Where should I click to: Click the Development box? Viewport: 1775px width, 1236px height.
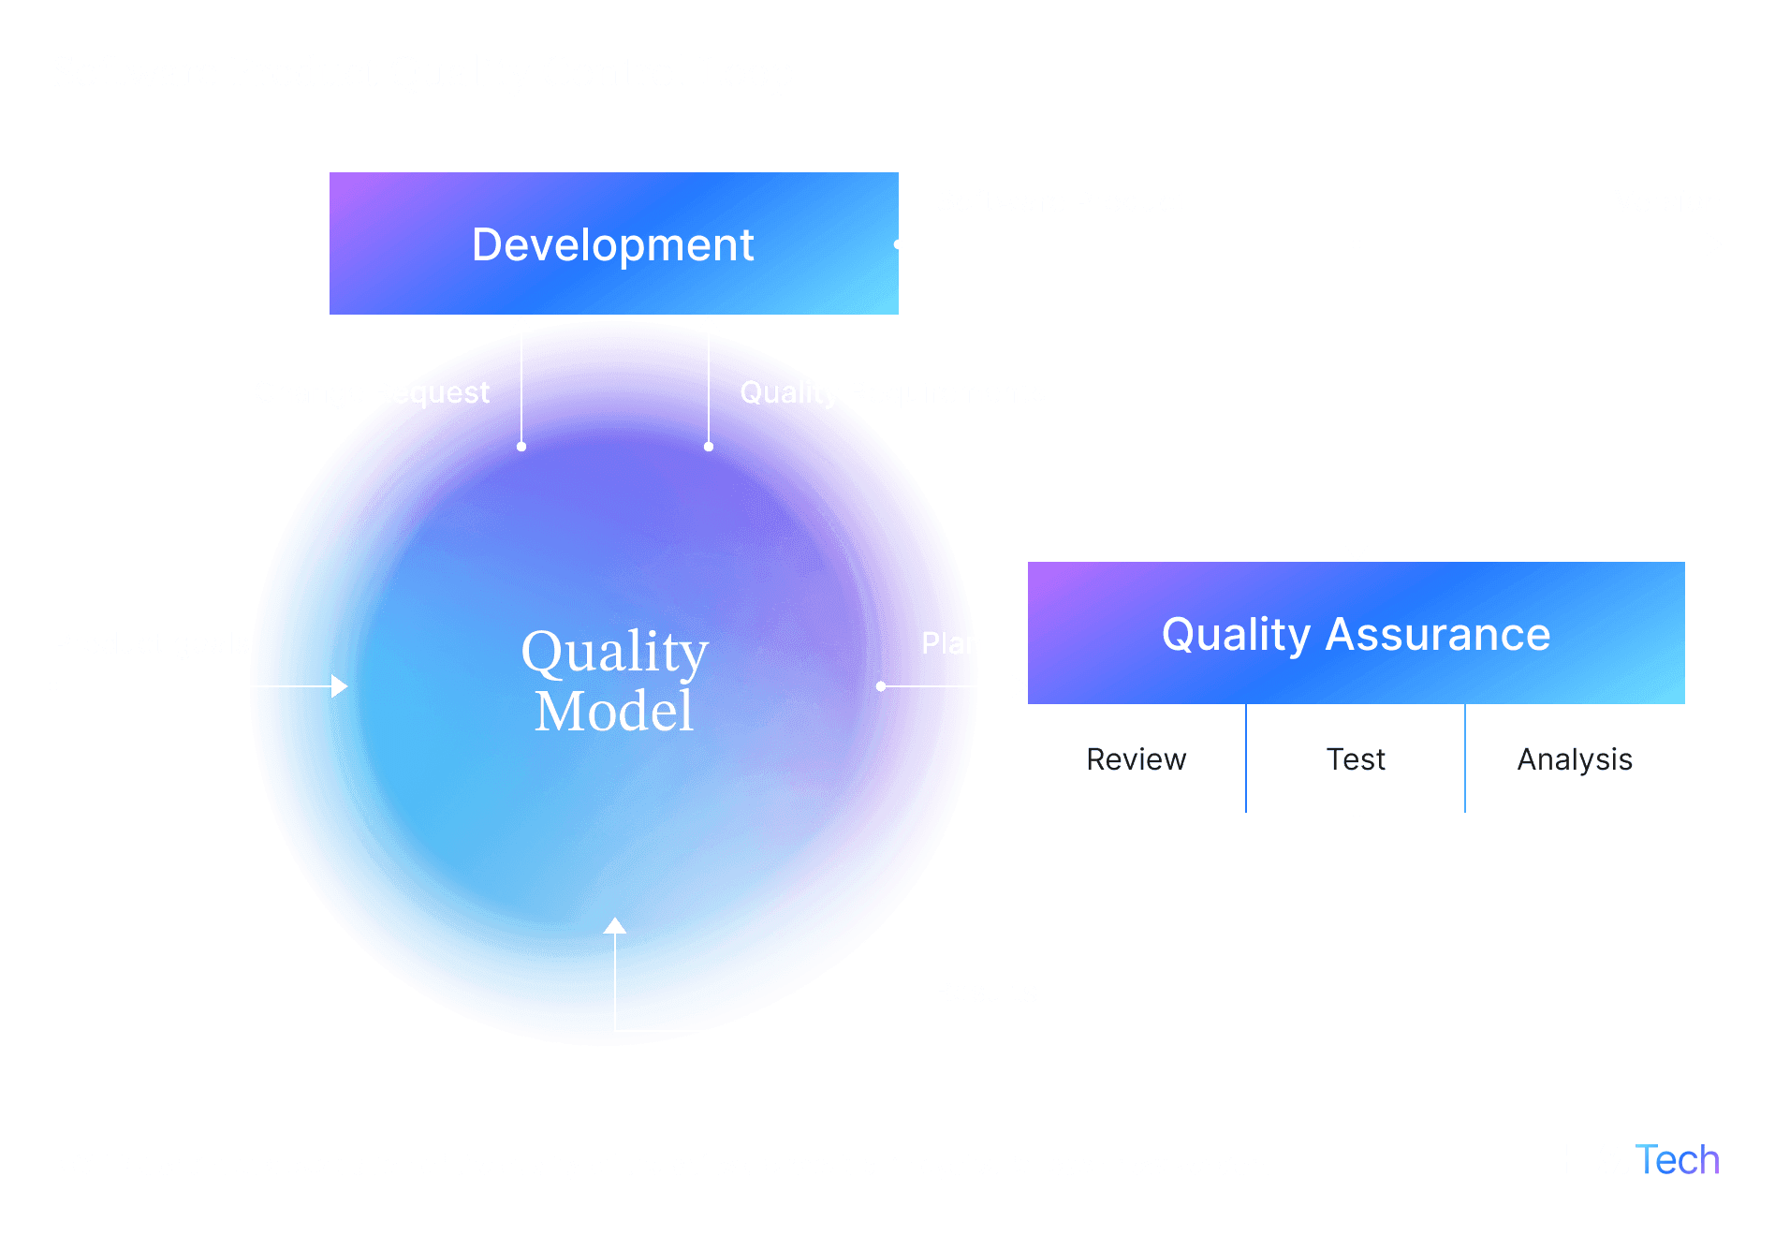pyautogui.click(x=613, y=243)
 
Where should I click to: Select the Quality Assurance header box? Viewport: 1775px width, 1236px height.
pyautogui.click(x=1356, y=634)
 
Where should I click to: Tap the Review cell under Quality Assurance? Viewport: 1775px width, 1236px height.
pyautogui.click(x=1136, y=759)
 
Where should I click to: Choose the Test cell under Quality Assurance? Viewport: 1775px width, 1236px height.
pyautogui.click(x=1356, y=759)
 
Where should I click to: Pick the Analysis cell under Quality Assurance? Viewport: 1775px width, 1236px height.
pyautogui.click(x=1575, y=759)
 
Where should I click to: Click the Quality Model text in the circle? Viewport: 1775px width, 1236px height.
pyautogui.click(x=614, y=680)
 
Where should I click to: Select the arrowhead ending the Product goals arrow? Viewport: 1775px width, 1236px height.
pyautogui.click(x=340, y=686)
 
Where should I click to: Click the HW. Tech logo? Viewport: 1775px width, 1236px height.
pyautogui.click(x=1637, y=1160)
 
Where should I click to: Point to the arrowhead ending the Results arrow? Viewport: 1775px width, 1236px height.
pyautogui.click(x=614, y=926)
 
